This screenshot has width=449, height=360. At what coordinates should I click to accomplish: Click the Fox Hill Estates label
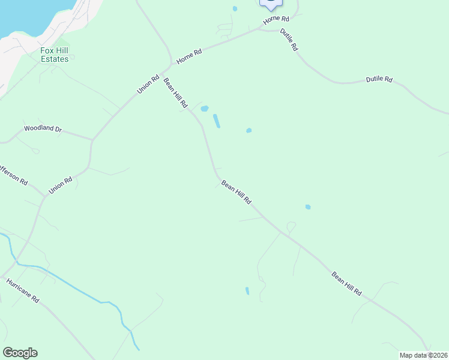pos(54,55)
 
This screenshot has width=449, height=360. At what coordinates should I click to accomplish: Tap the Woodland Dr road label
pos(43,129)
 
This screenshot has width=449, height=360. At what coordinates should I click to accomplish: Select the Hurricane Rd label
pos(22,290)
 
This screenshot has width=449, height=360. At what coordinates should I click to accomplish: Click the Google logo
pos(20,353)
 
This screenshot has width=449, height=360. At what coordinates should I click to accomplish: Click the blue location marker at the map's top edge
pos(271,4)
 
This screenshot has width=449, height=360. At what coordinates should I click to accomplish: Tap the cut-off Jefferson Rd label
pos(13,174)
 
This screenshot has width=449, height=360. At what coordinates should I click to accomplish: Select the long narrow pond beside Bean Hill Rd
pos(216,121)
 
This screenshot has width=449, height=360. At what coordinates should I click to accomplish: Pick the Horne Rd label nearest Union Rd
pos(189,57)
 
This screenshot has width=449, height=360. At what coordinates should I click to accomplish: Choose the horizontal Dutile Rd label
pos(379,80)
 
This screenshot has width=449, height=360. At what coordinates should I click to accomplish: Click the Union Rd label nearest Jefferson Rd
pos(61,184)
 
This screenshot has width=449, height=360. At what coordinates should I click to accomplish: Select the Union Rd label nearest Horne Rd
pos(148,83)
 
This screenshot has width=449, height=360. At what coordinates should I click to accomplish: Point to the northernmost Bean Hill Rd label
pos(176,92)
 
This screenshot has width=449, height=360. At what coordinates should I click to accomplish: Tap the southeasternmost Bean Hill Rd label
pos(346,284)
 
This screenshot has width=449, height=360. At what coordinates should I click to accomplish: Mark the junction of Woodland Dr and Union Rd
pos(92,140)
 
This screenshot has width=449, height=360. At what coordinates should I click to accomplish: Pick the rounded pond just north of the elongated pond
pos(204,109)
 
